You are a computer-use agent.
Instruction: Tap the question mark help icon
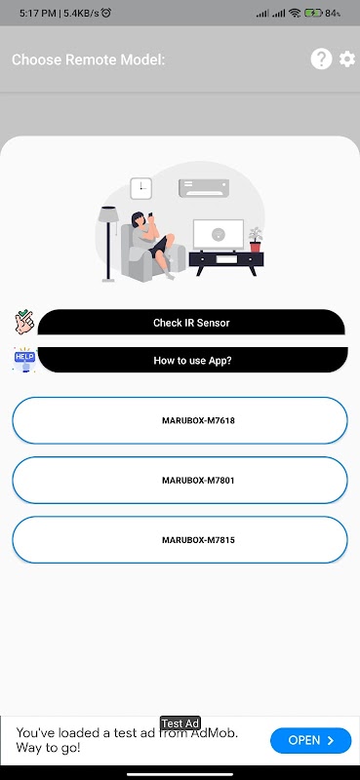321,59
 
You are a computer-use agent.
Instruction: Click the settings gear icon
347,59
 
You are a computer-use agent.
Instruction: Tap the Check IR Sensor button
191,323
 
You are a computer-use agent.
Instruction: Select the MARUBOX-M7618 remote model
180,420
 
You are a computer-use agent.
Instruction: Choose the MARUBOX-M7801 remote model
180,481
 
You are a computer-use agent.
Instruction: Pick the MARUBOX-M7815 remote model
180,540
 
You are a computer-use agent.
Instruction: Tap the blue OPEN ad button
310,740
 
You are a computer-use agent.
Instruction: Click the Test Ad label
180,723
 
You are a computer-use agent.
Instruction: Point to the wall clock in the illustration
140,188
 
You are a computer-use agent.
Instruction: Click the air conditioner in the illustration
204,188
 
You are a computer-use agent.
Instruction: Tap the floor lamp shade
108,214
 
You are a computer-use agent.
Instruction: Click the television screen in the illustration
219,234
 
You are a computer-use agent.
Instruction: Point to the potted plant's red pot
255,247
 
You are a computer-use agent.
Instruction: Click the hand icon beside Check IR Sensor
23,323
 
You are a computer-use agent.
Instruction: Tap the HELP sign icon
24,359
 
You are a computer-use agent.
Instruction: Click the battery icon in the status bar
313,14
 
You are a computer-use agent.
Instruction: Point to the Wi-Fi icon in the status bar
295,14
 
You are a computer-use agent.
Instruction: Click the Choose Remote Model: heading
88,59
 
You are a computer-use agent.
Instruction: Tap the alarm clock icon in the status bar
105,13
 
